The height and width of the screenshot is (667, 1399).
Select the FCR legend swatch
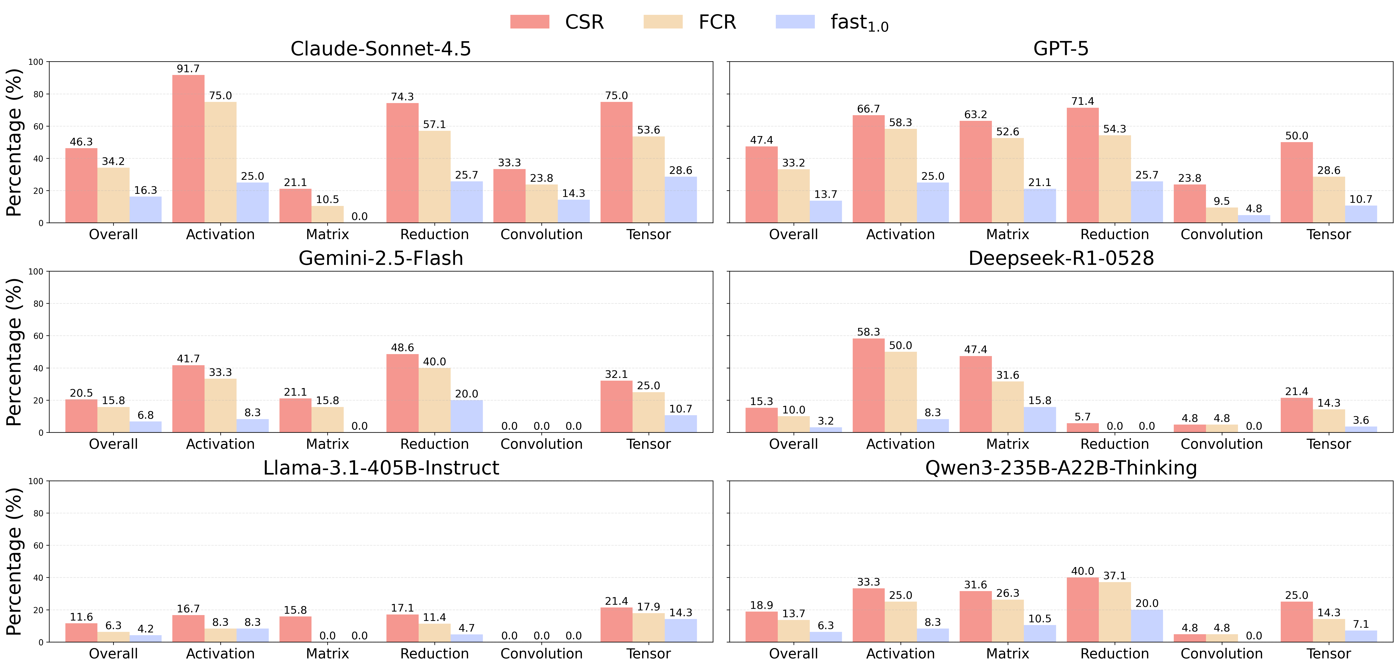663,22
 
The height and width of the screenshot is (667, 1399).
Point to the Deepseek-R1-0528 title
1061,259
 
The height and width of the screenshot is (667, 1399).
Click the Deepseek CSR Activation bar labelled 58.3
868,386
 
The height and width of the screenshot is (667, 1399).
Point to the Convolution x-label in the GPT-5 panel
1221,235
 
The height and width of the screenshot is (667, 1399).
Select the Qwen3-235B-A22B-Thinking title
1061,468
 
